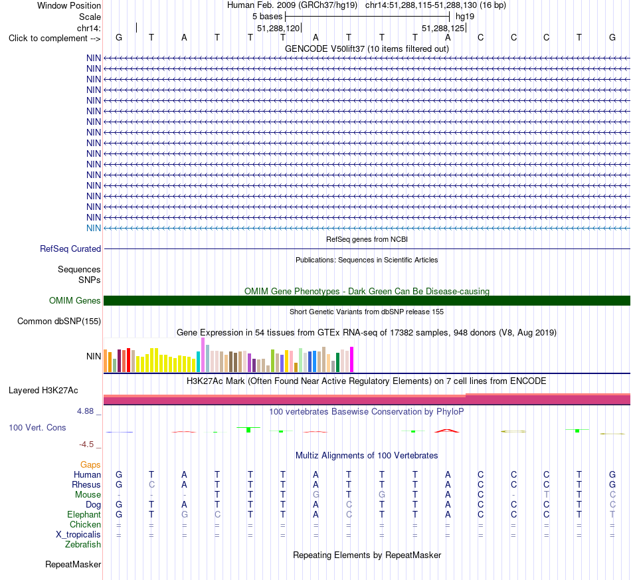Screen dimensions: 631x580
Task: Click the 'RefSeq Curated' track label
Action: pyautogui.click(x=70, y=248)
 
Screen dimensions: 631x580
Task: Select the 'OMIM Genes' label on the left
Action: pyautogui.click(x=75, y=301)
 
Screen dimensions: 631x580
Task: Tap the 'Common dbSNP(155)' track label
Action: pyautogui.click(x=59, y=321)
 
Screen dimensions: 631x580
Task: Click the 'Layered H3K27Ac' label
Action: pyautogui.click(x=43, y=391)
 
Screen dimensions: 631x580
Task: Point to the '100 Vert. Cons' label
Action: pyautogui.click(x=37, y=427)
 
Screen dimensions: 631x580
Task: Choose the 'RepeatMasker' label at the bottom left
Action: pyautogui.click(x=73, y=564)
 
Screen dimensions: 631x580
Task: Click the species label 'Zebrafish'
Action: pyautogui.click(x=83, y=545)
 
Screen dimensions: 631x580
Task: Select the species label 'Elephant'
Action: pyautogui.click(x=84, y=515)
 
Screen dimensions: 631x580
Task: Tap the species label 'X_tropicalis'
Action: pyautogui.click(x=78, y=535)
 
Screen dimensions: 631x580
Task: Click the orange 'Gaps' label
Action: pyautogui.click(x=90, y=465)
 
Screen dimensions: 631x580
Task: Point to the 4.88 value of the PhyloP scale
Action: pyautogui.click(x=85, y=411)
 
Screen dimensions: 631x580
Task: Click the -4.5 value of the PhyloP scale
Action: pyautogui.click(x=86, y=444)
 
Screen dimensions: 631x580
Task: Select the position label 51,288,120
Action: pyautogui.click(x=278, y=28)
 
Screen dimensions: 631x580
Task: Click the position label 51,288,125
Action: pyautogui.click(x=443, y=28)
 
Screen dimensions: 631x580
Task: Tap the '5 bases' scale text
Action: pyautogui.click(x=268, y=17)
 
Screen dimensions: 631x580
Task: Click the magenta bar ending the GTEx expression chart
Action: pyautogui.click(x=352, y=359)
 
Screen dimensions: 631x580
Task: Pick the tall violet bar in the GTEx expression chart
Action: pyautogui.click(x=203, y=355)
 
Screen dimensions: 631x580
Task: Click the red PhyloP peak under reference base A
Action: pyautogui.click(x=447, y=431)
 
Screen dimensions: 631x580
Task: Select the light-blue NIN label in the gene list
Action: pyautogui.click(x=94, y=229)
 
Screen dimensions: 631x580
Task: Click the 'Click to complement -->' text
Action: pyautogui.click(x=54, y=39)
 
